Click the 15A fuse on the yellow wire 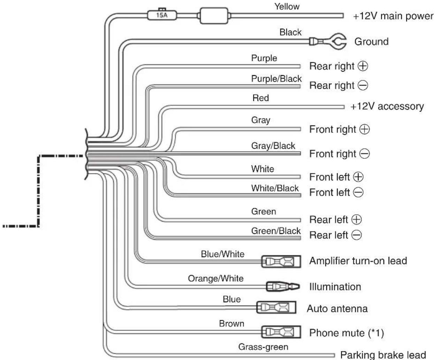pyautogui.click(x=162, y=15)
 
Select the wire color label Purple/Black pyautogui.click(x=276, y=79)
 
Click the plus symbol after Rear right pyautogui.click(x=363, y=66)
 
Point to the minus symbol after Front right pyautogui.click(x=365, y=154)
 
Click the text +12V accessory pyautogui.click(x=387, y=106)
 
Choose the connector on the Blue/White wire pyautogui.click(x=281, y=261)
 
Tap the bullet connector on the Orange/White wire pyautogui.click(x=283, y=287)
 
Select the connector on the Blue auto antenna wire pyautogui.click(x=276, y=307)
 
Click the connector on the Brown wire pyautogui.click(x=281, y=332)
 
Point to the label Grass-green pyautogui.click(x=263, y=347)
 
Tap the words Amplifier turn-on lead pyautogui.click(x=358, y=261)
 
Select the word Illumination pyautogui.click(x=335, y=287)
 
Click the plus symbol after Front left pyautogui.click(x=358, y=177)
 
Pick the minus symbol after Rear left pyautogui.click(x=357, y=235)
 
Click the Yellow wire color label pyautogui.click(x=287, y=7)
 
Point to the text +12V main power pyautogui.click(x=393, y=16)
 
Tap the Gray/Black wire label pyautogui.click(x=273, y=146)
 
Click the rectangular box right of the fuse pyautogui.click(x=214, y=16)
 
